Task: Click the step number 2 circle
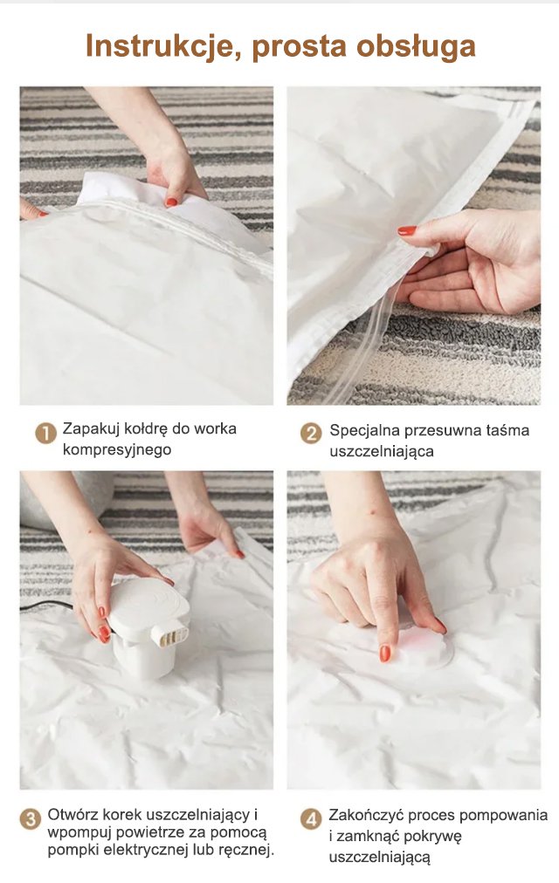click(310, 433)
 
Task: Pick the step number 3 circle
click(30, 818)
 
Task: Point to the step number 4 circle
click(310, 818)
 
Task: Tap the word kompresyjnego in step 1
click(117, 449)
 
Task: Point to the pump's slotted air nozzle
click(174, 633)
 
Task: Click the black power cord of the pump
click(47, 605)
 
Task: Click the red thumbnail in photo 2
click(407, 230)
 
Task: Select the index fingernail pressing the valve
click(385, 654)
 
